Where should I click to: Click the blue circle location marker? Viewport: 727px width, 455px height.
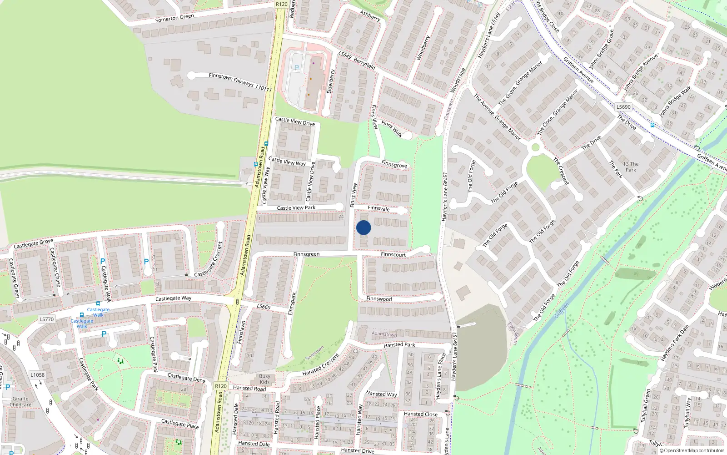[x=363, y=227]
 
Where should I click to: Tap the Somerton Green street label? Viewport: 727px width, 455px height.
[x=174, y=18]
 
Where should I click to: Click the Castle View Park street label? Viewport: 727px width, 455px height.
[x=296, y=208]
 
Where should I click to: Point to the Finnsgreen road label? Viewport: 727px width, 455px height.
[x=306, y=254]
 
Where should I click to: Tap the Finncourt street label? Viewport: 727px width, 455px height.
[x=393, y=255]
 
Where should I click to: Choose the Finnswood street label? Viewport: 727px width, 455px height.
[x=379, y=299]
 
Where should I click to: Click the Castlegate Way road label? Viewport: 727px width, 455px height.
[x=173, y=298]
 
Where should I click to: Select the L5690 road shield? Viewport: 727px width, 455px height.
[x=623, y=107]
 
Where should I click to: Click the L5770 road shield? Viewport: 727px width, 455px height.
[x=46, y=319]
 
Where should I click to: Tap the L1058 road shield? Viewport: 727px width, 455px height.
[x=38, y=375]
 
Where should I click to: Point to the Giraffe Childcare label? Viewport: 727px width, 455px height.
[x=20, y=402]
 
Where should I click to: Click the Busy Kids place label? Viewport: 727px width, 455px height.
[x=264, y=379]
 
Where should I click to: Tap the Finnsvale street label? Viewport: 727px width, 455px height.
[x=378, y=208]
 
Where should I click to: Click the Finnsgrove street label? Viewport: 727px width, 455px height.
[x=394, y=165]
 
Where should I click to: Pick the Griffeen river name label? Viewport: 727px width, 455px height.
[x=562, y=311]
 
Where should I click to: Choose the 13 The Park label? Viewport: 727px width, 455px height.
[x=631, y=167]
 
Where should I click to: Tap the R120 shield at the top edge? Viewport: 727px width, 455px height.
[x=281, y=4]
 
